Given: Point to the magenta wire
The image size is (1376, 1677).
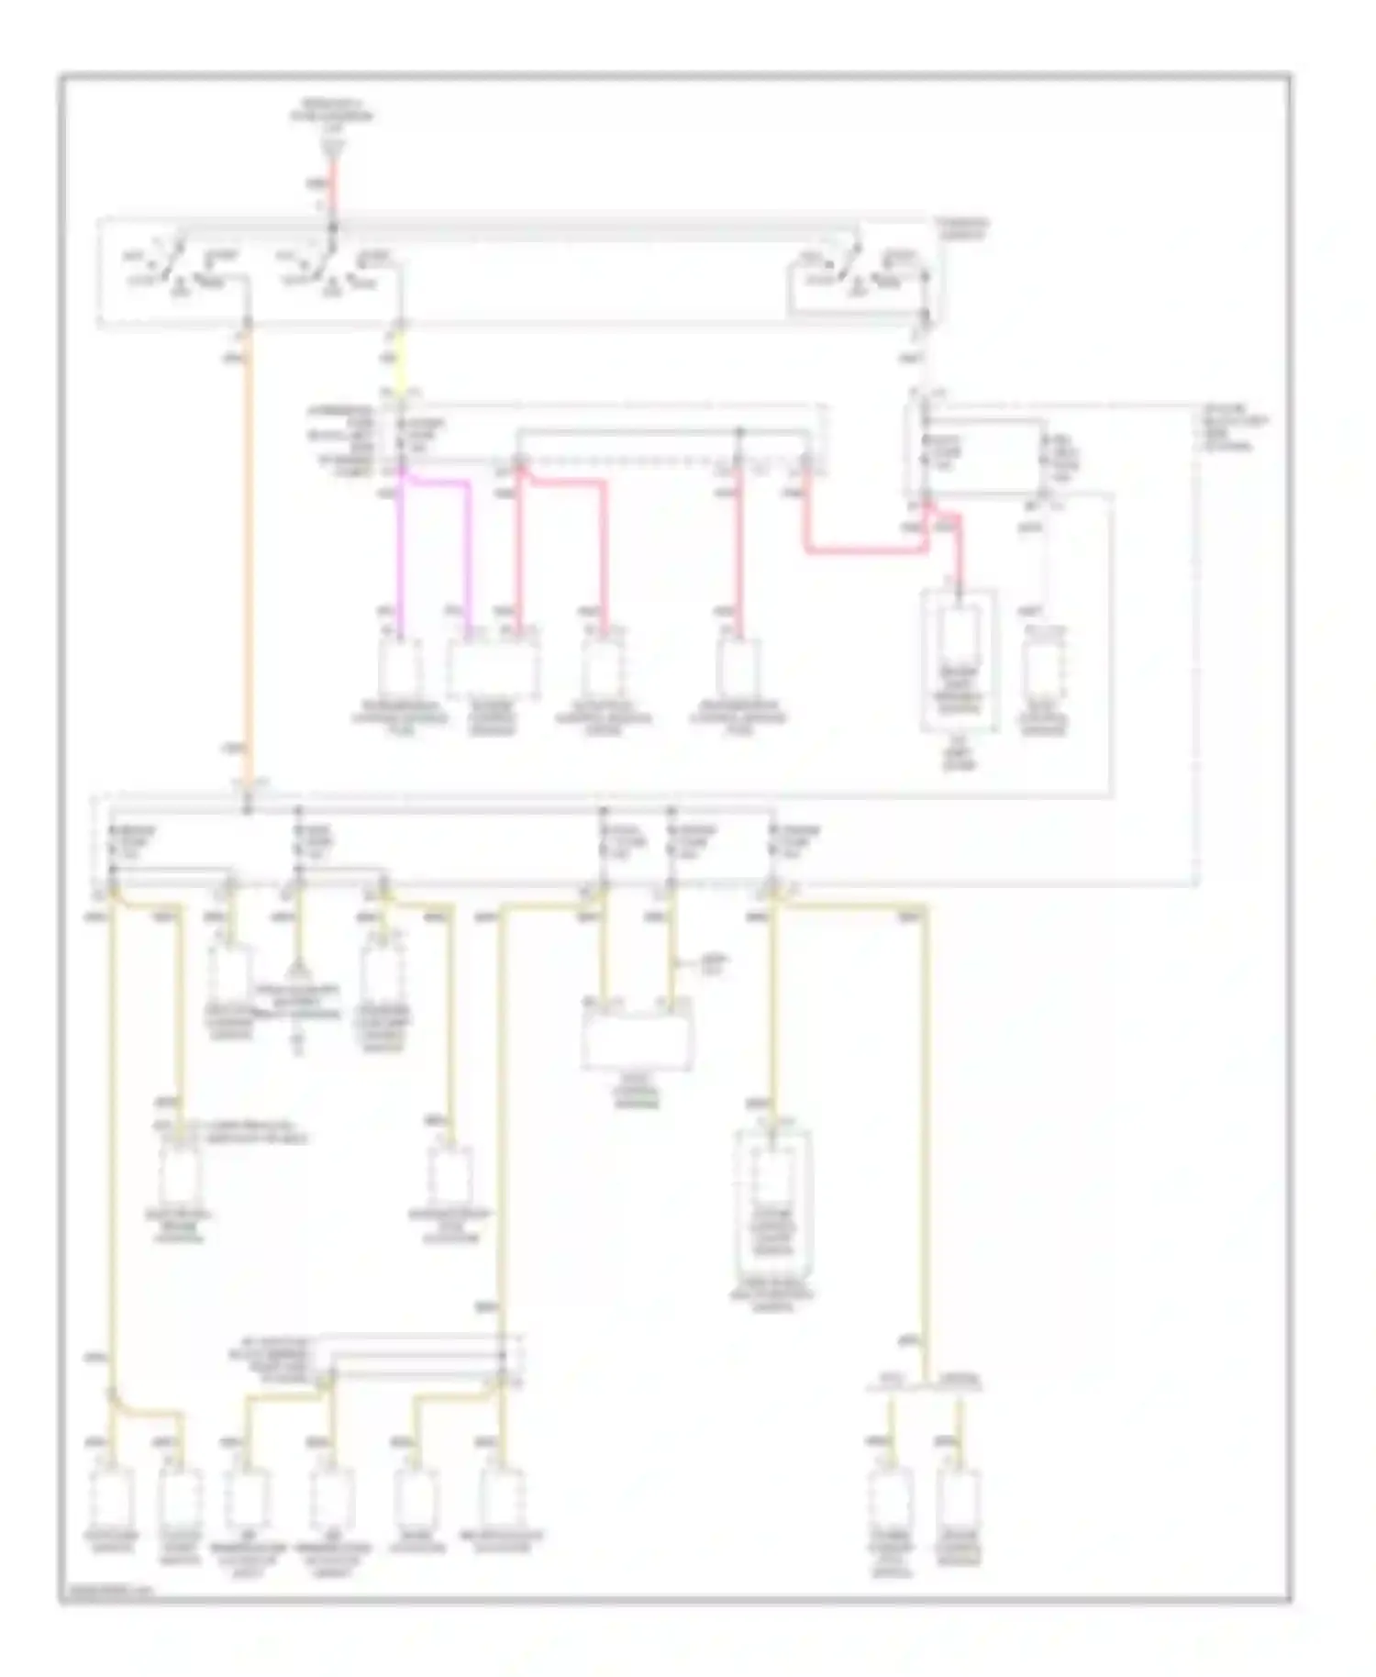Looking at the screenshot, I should tap(401, 550).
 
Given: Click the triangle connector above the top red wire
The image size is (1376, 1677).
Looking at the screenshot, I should tap(335, 145).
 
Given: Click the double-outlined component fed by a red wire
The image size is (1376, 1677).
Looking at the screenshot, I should tap(960, 661).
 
